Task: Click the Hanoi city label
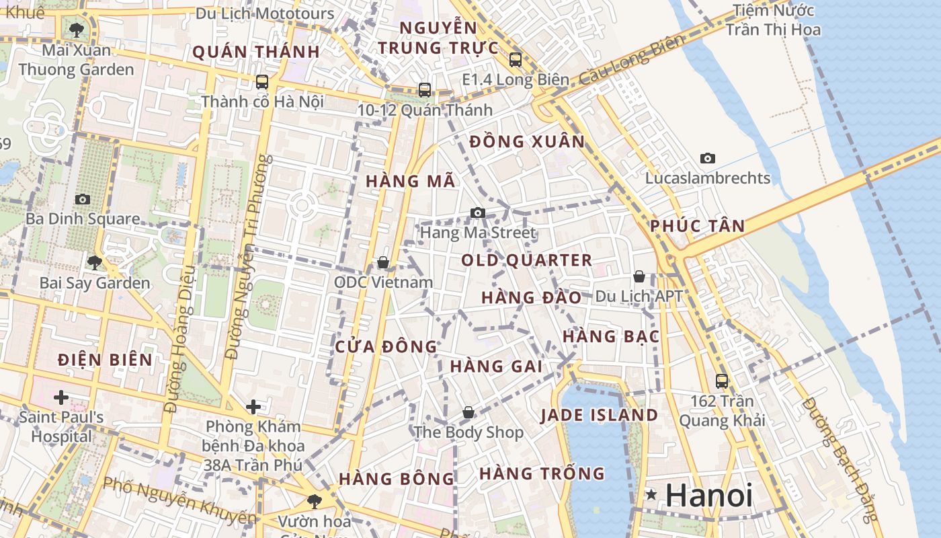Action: [708, 496]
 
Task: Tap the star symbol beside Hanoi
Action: [651, 495]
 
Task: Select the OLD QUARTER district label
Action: [527, 260]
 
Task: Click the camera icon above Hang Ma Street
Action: [477, 213]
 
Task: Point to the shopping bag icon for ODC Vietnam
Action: [383, 262]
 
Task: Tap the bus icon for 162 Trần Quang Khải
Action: [722, 381]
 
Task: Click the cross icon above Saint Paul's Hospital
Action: [61, 397]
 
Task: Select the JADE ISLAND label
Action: [599, 415]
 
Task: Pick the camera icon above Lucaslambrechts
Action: [707, 159]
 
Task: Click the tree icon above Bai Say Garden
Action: [94, 262]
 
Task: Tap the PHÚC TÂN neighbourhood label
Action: [698, 226]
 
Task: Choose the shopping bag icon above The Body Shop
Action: [468, 412]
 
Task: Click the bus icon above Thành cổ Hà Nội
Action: [262, 82]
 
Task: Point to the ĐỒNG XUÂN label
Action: [527, 142]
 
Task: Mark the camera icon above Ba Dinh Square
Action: [83, 200]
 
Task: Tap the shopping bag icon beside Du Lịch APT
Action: [639, 276]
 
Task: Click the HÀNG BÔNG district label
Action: [397, 479]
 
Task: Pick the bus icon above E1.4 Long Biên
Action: [516, 60]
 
